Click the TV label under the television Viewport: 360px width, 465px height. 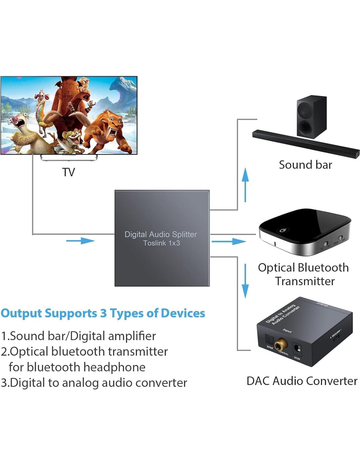(x=68, y=172)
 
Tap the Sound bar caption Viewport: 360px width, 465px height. (x=305, y=165)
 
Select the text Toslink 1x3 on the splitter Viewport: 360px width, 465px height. (x=161, y=243)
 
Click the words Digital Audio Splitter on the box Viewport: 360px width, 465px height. (x=161, y=234)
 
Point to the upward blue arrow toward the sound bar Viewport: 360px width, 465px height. (x=245, y=184)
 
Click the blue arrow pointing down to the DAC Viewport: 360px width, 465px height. (x=245, y=281)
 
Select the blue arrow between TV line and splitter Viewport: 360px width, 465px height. (x=80, y=241)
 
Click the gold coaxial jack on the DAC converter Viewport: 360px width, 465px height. (x=280, y=345)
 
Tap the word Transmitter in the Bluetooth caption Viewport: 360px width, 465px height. (x=305, y=281)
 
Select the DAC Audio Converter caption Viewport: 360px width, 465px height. (x=302, y=381)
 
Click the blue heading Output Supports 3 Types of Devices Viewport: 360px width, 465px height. (x=103, y=313)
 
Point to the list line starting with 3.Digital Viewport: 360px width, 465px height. (x=94, y=383)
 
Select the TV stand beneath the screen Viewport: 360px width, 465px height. (x=69, y=158)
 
